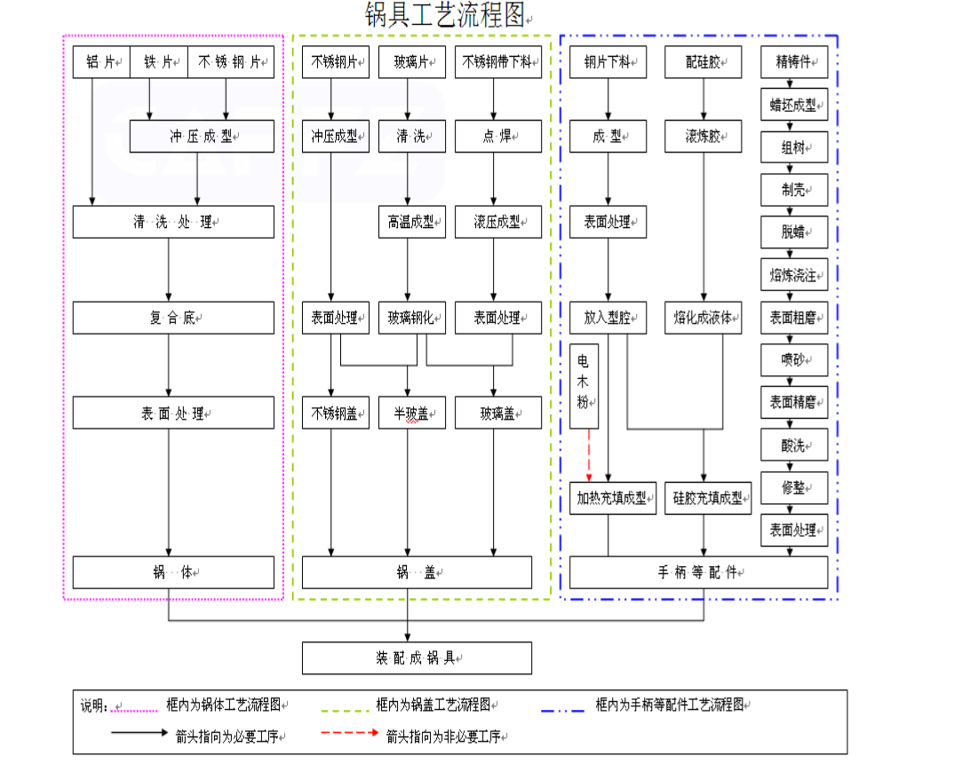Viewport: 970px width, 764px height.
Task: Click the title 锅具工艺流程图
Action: tap(446, 15)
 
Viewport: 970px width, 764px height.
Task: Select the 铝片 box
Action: tap(101, 62)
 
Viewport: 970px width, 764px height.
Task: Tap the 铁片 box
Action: tap(159, 62)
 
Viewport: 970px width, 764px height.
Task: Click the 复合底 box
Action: tap(173, 318)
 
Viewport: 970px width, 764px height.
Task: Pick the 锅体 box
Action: tap(173, 572)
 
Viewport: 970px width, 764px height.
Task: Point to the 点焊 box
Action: tap(498, 137)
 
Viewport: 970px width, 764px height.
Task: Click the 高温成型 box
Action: tap(411, 222)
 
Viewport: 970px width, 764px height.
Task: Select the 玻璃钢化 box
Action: tap(411, 318)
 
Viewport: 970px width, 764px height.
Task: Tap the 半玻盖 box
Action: tap(411, 413)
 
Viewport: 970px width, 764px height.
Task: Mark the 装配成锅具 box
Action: tap(417, 658)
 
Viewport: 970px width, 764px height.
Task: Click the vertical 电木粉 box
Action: tap(584, 386)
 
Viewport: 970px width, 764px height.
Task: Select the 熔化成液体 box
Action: tap(704, 318)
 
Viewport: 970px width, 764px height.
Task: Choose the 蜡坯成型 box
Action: tap(794, 105)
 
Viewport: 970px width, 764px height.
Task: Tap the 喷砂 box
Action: tap(794, 360)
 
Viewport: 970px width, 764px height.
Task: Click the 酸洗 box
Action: tap(794, 445)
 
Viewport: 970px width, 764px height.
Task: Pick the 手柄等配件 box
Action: tap(698, 572)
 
